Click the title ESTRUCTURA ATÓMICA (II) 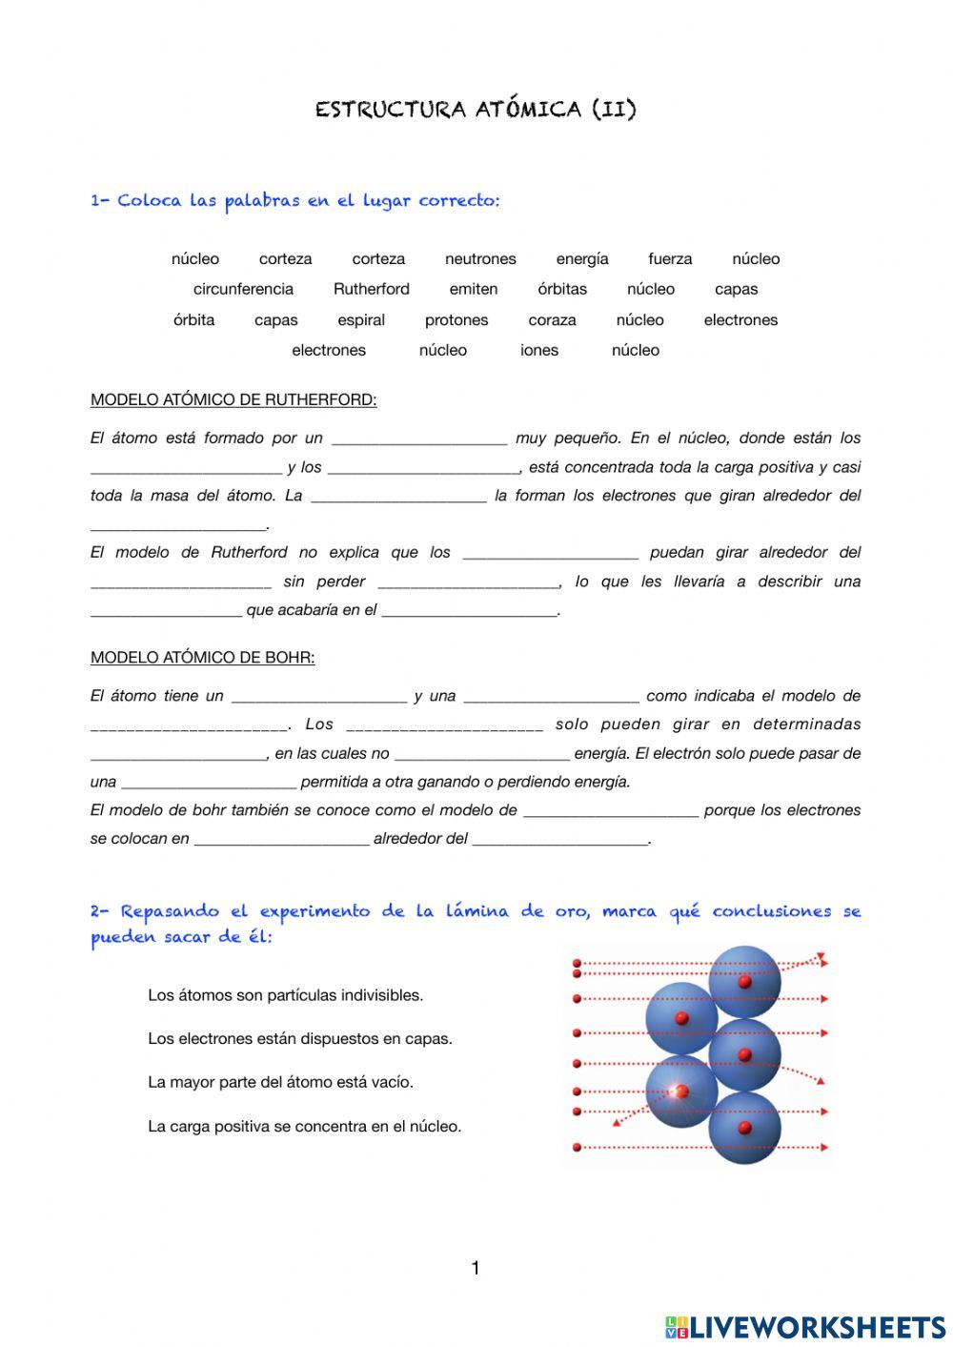476,109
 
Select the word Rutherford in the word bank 371,289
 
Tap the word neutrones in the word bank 480,258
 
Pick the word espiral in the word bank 361,320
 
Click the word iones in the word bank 539,350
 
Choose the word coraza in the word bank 552,320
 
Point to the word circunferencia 243,289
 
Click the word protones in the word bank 456,320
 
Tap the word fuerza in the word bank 670,258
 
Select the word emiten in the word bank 474,289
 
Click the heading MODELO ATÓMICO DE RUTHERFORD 233,400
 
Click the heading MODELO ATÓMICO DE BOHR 202,658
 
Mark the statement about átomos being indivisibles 285,995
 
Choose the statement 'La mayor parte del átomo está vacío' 280,1082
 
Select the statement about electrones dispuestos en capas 299,1039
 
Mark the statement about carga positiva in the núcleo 304,1127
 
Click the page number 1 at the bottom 476,1268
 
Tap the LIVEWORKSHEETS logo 805,1327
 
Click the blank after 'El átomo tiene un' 319,697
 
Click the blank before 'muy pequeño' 419,439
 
